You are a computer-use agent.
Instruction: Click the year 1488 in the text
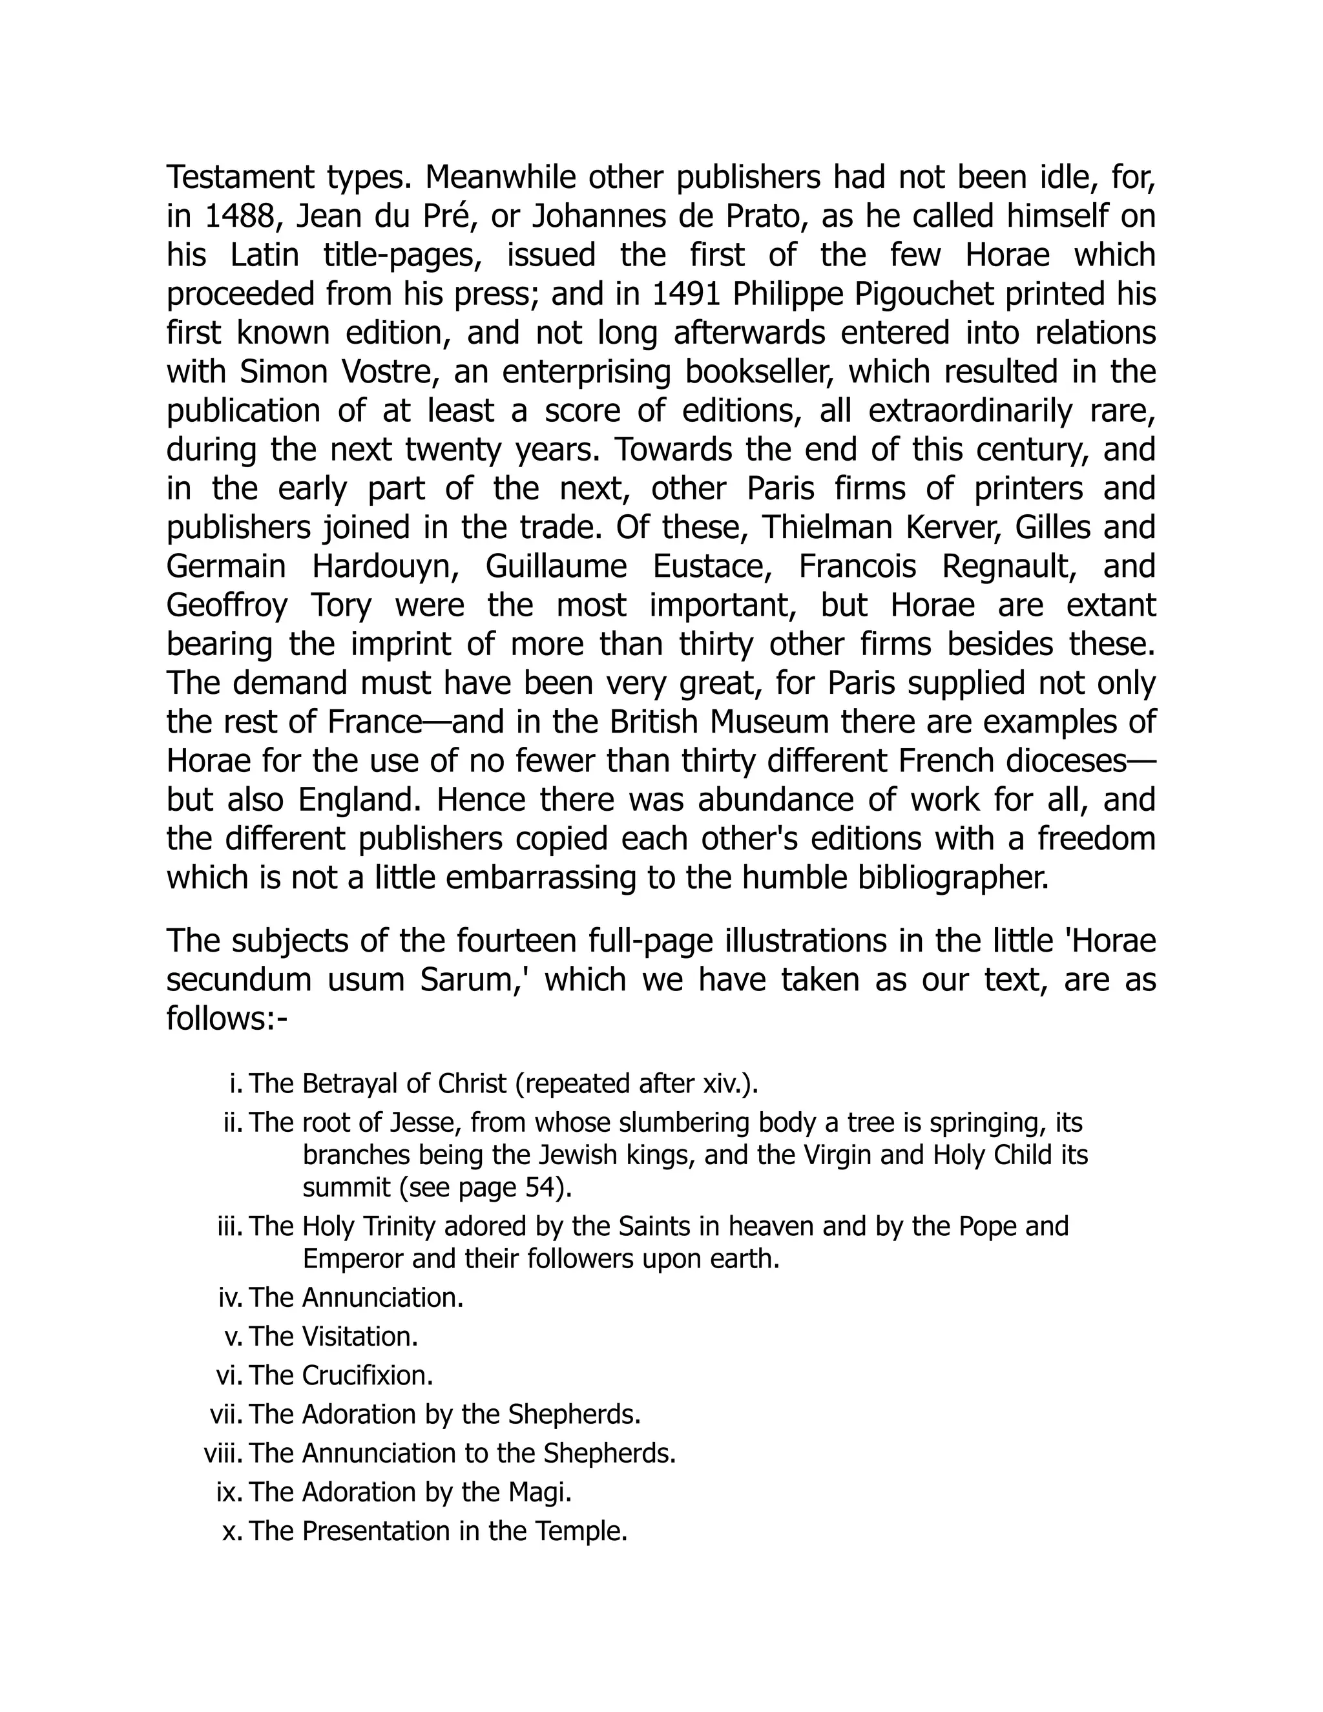[x=240, y=216]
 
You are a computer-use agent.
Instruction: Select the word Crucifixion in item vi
[x=367, y=1375]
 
